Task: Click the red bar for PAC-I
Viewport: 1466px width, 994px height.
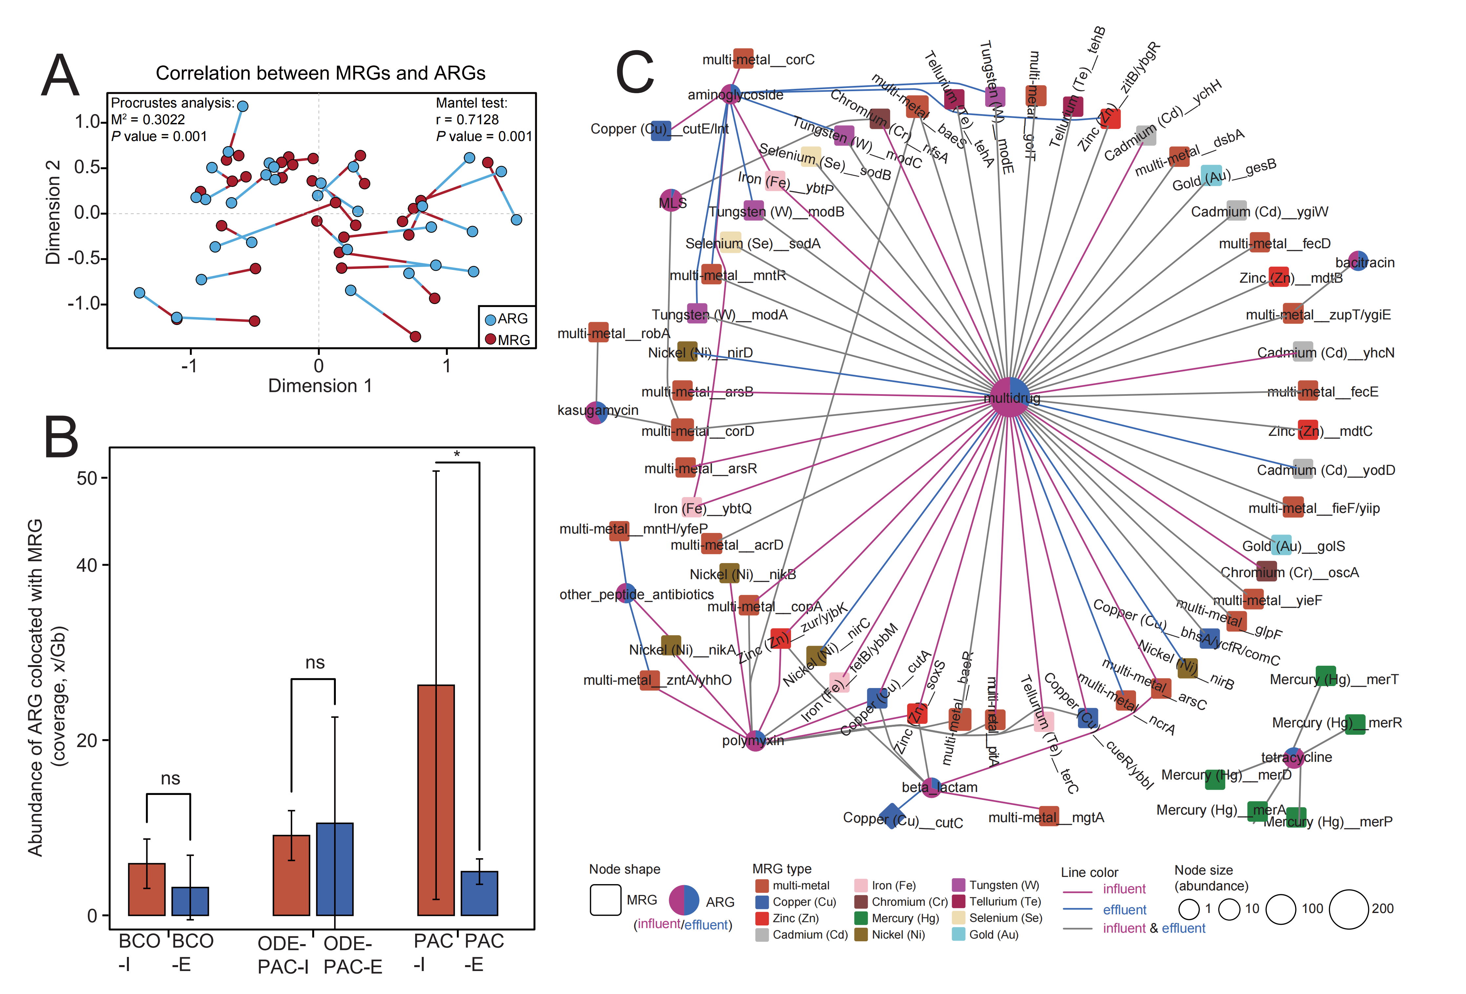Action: coord(436,800)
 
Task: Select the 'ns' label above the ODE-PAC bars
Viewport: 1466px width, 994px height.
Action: coord(315,663)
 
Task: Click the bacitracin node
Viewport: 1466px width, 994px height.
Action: coord(1358,261)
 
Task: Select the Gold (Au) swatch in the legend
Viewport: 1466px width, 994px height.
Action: coord(958,935)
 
